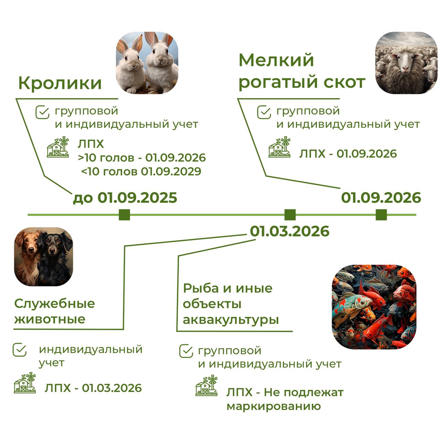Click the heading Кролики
coord(60,83)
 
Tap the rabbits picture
coord(147,63)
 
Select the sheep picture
coord(406,63)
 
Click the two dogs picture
coord(44,257)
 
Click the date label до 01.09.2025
coord(125,198)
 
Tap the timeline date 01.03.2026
coord(290,231)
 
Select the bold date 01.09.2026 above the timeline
coord(381,198)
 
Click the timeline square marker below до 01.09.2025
coord(124,215)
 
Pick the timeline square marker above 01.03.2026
coord(290,215)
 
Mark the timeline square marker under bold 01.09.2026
coord(381,215)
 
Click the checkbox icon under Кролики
coord(42,112)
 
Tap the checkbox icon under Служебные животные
coord(19,350)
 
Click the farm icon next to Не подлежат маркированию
coord(207,386)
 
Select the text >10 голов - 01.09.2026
coord(142,158)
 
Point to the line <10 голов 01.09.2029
coord(141,171)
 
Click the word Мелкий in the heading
coord(276,60)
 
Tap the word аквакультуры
coord(231,319)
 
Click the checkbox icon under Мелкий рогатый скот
coord(264,112)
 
